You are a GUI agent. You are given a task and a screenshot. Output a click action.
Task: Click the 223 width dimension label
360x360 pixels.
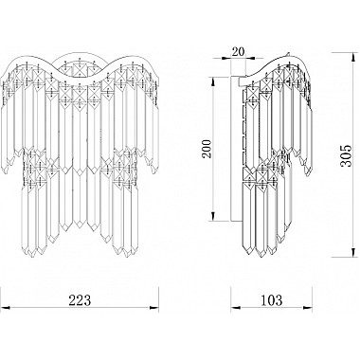pyautogui.click(x=80, y=300)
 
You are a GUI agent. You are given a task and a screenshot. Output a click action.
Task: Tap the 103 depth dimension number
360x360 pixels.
pyautogui.click(x=271, y=300)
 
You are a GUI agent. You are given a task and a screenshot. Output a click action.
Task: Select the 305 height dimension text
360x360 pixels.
pyautogui.click(x=347, y=155)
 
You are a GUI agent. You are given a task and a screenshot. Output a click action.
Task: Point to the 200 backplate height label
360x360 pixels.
pyautogui.click(x=207, y=150)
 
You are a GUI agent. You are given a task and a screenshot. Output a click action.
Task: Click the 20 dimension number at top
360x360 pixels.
pyautogui.click(x=238, y=52)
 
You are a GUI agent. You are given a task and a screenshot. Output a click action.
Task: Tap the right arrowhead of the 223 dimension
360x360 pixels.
pyautogui.click(x=154, y=307)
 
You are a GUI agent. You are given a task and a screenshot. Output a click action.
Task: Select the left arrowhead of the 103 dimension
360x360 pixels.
pyautogui.click(x=235, y=307)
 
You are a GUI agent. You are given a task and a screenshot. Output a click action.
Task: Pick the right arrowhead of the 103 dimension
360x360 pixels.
pyautogui.click(x=308, y=307)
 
